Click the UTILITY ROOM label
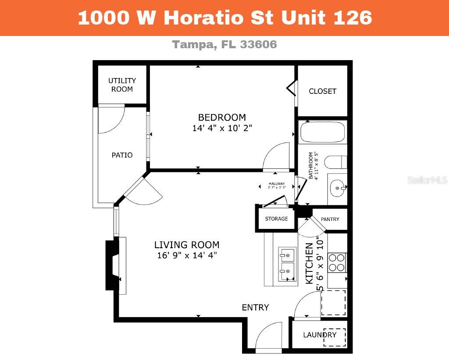pos(122,85)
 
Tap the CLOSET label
pos(322,91)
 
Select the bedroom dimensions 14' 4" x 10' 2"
pos(222,128)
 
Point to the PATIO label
pos(122,155)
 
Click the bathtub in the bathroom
pos(322,132)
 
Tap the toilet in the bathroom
pos(335,162)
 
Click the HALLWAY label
pos(277,184)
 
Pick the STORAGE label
pos(276,218)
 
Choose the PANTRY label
pos(330,219)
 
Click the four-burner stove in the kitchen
pos(337,263)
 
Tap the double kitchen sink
pos(287,264)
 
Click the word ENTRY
pos(256,307)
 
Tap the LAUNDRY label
pos(320,335)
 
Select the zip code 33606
pos(259,44)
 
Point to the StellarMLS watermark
pos(427,180)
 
